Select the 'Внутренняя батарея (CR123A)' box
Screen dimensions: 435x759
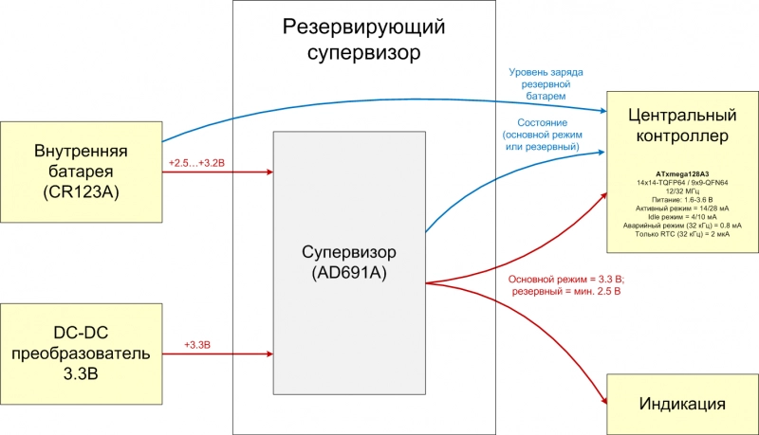coord(81,172)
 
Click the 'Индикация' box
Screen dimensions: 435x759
coord(682,404)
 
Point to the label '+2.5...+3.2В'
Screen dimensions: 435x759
coord(196,163)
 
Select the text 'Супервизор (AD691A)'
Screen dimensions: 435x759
coord(348,263)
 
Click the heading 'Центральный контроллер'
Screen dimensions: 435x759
coord(682,126)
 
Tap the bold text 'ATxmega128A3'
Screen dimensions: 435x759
coord(682,175)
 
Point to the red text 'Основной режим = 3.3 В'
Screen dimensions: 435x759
coord(565,280)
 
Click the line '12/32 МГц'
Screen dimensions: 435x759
coord(682,191)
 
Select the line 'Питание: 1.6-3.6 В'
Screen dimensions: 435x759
coord(682,200)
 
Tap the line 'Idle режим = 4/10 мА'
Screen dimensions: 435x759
coord(682,217)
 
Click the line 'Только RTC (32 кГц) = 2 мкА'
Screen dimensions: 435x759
coord(682,234)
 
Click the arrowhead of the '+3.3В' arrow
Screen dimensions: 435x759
coord(269,354)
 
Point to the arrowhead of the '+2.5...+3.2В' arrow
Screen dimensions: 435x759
coord(269,172)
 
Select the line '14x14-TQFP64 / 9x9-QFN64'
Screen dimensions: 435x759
coord(682,183)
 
